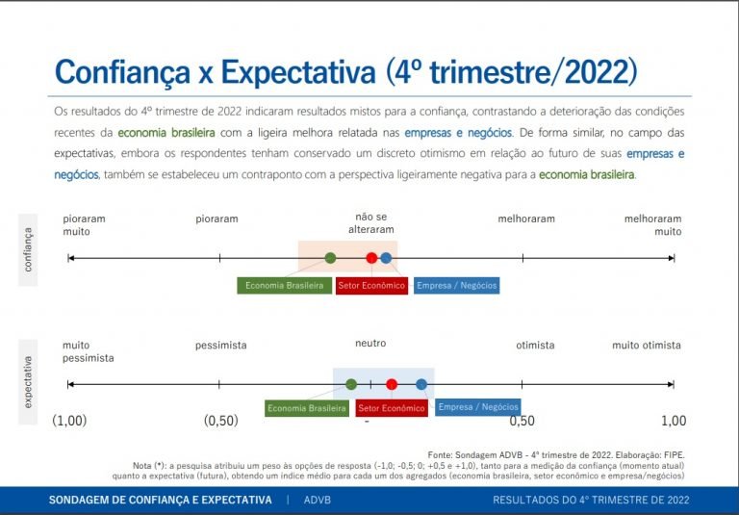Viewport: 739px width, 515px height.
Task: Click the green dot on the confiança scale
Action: [x=330, y=258]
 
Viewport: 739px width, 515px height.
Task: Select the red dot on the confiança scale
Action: [x=371, y=258]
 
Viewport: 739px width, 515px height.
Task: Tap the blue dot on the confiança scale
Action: [x=386, y=258]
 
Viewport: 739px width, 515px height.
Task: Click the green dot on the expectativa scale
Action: [x=351, y=384]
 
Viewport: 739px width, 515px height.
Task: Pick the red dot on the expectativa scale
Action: [x=392, y=384]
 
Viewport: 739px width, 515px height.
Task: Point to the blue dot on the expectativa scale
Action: [x=421, y=384]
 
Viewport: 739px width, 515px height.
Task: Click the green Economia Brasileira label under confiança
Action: [x=284, y=286]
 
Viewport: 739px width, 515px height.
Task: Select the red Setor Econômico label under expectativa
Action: [x=391, y=408]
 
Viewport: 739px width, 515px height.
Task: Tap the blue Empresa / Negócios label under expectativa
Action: [x=477, y=407]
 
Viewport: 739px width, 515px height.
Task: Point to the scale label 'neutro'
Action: [x=370, y=345]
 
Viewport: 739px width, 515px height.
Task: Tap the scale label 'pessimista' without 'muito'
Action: [x=220, y=345]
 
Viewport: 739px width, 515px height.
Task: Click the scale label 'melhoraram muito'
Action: [x=652, y=225]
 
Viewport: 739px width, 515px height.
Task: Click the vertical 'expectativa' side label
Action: [x=28, y=382]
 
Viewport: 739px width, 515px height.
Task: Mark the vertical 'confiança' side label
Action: [x=28, y=249]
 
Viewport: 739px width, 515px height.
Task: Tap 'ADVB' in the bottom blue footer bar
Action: [x=318, y=501]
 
